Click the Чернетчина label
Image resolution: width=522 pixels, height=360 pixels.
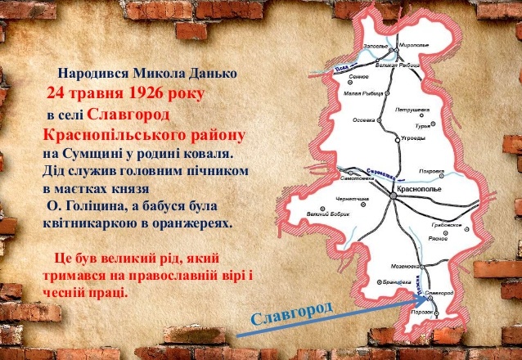point(357,199)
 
